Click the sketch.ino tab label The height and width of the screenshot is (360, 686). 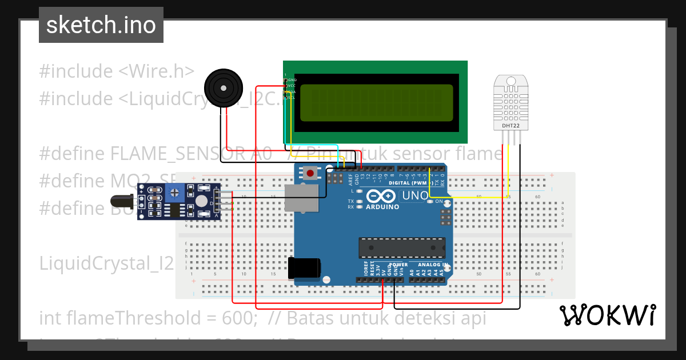(101, 25)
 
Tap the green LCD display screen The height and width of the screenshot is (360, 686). (376, 103)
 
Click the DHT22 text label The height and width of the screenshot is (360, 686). (510, 126)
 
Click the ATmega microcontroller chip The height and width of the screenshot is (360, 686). (402, 247)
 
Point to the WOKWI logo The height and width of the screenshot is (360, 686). (607, 315)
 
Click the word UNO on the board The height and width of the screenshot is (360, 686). (414, 195)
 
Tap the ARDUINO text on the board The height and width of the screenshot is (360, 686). (382, 207)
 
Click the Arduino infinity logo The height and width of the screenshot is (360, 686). (382, 196)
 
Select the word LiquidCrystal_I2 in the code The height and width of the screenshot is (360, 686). (106, 263)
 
